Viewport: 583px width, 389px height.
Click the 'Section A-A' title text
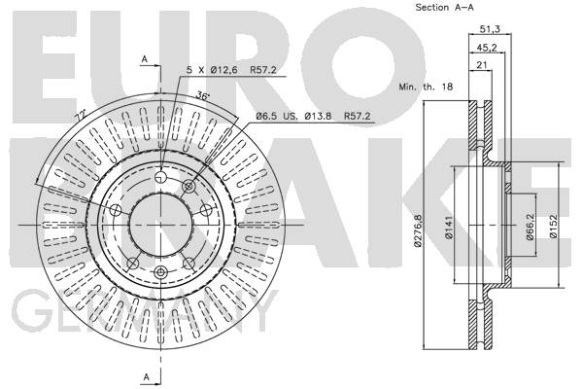tap(444, 7)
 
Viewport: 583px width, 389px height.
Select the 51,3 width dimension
tap(490, 28)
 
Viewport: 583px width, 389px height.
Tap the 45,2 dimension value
tap(487, 48)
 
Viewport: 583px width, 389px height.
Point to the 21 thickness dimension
tap(482, 65)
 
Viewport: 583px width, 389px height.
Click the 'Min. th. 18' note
tap(426, 87)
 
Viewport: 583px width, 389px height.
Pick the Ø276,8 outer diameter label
tap(419, 230)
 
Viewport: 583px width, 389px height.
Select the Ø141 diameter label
tap(449, 228)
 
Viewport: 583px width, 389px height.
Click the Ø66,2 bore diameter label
tap(531, 227)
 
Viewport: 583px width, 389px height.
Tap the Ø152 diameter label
tap(554, 227)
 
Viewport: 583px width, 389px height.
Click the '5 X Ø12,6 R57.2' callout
tap(231, 70)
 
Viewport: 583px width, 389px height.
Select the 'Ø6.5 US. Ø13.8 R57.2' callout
tap(313, 116)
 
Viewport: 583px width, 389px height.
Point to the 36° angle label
tap(203, 95)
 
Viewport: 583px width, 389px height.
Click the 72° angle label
tap(80, 115)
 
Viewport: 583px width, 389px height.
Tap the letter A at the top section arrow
tap(145, 58)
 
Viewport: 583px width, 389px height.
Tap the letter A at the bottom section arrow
tap(146, 377)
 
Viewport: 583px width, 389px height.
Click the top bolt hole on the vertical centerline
tap(160, 176)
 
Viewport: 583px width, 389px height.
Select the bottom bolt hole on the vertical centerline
tap(160, 272)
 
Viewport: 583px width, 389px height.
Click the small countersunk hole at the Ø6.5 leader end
tap(189, 185)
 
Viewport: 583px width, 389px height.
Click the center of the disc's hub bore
tap(160, 226)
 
